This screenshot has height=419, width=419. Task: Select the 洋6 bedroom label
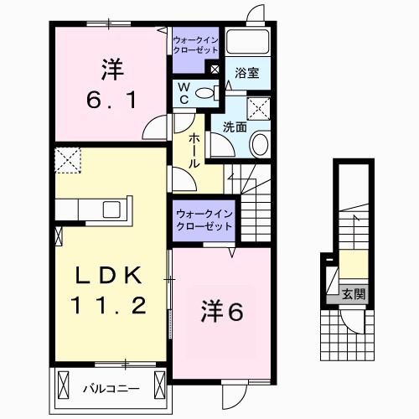pos(222,312)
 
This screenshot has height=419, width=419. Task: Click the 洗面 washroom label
pos(234,127)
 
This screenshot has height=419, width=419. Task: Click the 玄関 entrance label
pos(353,294)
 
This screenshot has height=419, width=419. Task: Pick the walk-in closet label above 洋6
pos(204,219)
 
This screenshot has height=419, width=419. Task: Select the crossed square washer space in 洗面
pos(258,108)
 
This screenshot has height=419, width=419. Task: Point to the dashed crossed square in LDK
pos(67,158)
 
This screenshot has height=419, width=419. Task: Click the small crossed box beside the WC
pos(215,70)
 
